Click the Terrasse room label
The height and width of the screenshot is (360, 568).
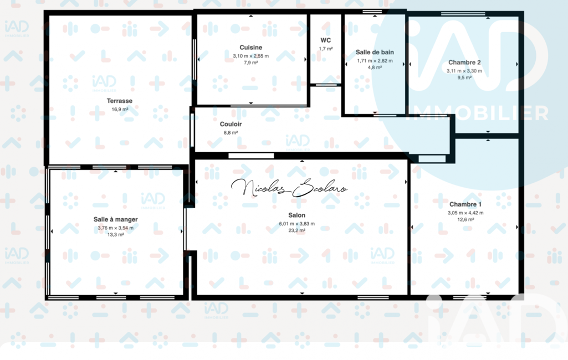point(120,101)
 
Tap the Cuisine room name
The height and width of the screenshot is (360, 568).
point(250,48)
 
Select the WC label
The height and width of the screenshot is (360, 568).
point(326,40)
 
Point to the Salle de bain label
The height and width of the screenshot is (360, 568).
point(375,52)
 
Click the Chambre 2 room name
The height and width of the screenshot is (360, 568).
point(464,62)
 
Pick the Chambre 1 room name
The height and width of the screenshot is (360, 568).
point(465,204)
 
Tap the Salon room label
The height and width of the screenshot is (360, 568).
point(296,215)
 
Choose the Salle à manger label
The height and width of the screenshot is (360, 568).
point(116,219)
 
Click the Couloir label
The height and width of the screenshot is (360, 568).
point(231,124)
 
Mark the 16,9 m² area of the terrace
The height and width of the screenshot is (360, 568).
point(120,109)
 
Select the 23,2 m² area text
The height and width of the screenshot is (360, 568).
point(296,230)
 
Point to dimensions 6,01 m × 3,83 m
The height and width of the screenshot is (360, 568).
point(296,224)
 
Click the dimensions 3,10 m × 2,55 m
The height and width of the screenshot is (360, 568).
point(250,56)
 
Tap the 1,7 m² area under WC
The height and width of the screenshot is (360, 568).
point(326,49)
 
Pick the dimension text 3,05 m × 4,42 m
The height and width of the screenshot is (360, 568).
point(465,213)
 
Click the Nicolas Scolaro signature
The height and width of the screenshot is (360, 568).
point(289,188)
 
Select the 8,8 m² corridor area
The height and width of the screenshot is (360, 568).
point(231,132)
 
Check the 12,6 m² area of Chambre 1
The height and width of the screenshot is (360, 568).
point(465,219)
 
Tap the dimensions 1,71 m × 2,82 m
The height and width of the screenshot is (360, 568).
point(375,61)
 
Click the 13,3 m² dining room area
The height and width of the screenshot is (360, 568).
point(116,235)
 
